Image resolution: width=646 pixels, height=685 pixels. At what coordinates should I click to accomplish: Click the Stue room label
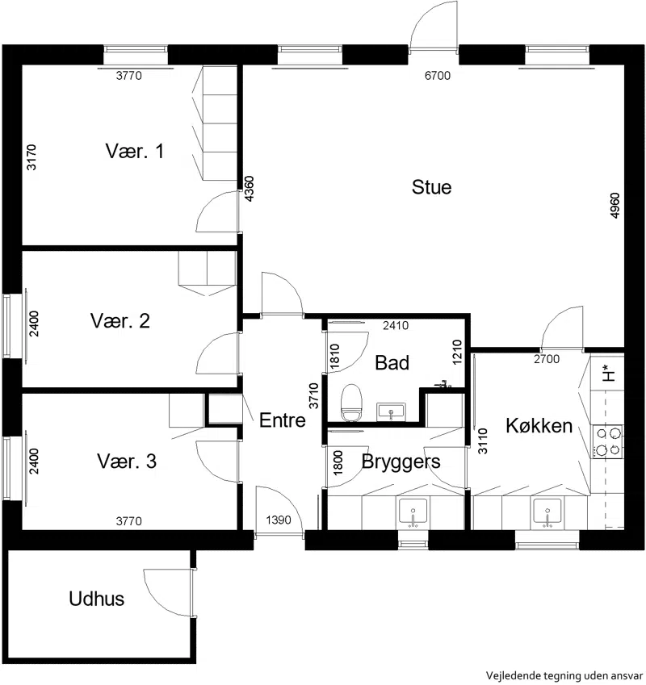point(431,187)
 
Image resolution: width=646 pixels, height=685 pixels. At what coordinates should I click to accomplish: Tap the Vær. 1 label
point(135,151)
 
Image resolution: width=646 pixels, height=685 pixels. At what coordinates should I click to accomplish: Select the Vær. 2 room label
point(120,320)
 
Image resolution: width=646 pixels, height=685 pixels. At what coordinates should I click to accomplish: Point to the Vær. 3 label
point(127,461)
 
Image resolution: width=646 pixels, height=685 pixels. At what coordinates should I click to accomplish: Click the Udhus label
point(97,599)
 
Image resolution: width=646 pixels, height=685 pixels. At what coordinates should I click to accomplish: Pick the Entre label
point(283,420)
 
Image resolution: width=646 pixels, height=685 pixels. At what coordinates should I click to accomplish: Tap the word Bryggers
point(401,462)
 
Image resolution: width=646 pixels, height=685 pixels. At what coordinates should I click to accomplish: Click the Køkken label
point(539,425)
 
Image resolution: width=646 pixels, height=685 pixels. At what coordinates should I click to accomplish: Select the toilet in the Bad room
point(352,403)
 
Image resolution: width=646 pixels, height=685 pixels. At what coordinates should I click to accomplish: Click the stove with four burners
point(608,441)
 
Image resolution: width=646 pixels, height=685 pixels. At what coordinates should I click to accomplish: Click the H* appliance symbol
point(608,373)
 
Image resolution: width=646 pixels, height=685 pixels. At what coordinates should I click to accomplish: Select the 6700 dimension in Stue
point(438,76)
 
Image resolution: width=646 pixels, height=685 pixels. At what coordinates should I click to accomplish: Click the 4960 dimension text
point(615,205)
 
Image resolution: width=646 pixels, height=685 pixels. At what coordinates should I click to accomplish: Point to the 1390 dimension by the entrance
point(279,520)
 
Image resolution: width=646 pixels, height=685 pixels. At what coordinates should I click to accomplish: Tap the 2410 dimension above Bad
point(396,325)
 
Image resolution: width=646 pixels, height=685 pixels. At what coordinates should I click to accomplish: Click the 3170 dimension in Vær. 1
point(31,157)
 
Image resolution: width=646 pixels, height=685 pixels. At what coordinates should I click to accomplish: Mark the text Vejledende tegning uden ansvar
point(564,675)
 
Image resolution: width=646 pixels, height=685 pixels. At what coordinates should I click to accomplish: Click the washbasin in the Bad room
point(391,412)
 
